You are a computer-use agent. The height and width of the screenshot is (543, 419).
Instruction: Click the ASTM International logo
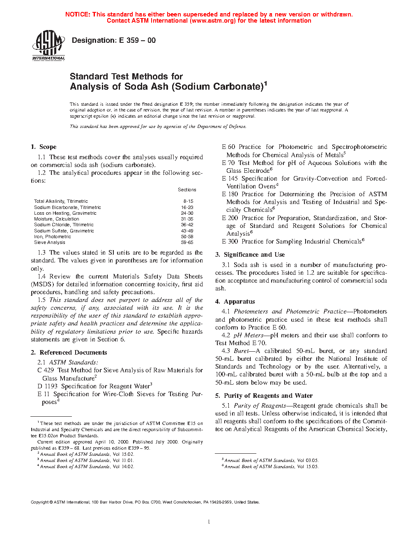[x=48, y=45]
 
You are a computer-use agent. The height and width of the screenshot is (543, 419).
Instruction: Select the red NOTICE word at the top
[x=78, y=14]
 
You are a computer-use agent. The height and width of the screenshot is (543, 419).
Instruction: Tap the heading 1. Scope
[x=44, y=147]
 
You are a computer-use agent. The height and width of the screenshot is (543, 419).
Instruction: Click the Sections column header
[x=187, y=190]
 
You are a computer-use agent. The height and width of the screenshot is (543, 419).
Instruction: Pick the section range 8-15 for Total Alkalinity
[x=188, y=202]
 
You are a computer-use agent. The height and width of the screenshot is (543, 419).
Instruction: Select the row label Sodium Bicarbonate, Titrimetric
[x=67, y=207]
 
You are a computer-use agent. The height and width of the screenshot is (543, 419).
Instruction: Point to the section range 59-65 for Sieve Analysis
[x=187, y=242]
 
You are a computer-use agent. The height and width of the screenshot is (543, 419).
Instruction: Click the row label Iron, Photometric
[x=53, y=237]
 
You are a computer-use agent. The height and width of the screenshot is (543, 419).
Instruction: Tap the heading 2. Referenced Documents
[x=69, y=353]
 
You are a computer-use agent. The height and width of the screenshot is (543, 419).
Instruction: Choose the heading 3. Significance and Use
[x=250, y=255]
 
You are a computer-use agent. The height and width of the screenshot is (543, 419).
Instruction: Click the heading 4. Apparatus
[x=235, y=302]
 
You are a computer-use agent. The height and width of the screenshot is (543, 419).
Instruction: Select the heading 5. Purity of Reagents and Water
[x=264, y=396]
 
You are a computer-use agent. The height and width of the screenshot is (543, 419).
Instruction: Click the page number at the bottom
[x=209, y=522]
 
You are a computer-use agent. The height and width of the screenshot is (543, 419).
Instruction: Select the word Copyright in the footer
[x=40, y=502]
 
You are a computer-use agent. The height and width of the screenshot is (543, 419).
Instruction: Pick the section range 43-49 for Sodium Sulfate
[x=187, y=231]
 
